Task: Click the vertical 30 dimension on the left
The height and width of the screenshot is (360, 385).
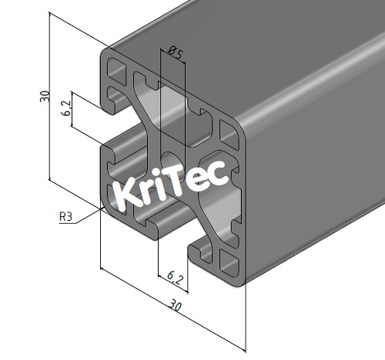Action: click(45, 96)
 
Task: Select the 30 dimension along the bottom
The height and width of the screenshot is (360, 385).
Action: click(176, 305)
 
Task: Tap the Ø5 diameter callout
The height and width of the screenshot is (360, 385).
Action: click(174, 53)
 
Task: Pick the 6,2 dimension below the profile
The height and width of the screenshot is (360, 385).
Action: click(173, 275)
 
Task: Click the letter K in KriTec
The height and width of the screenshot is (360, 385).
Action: click(126, 194)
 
